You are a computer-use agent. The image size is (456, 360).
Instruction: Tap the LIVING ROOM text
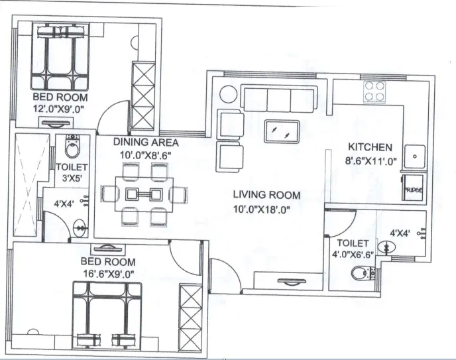[x=266, y=195]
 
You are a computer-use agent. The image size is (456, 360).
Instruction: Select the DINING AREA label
[x=145, y=142]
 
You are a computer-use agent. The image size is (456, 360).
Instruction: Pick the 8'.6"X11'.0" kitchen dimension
[x=370, y=160]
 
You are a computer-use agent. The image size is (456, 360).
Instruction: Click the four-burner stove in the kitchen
[x=376, y=91]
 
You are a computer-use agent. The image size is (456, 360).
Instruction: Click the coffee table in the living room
[x=282, y=131]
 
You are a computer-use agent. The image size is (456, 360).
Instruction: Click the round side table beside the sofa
[x=227, y=95]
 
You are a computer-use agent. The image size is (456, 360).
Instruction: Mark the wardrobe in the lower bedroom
[x=190, y=311]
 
